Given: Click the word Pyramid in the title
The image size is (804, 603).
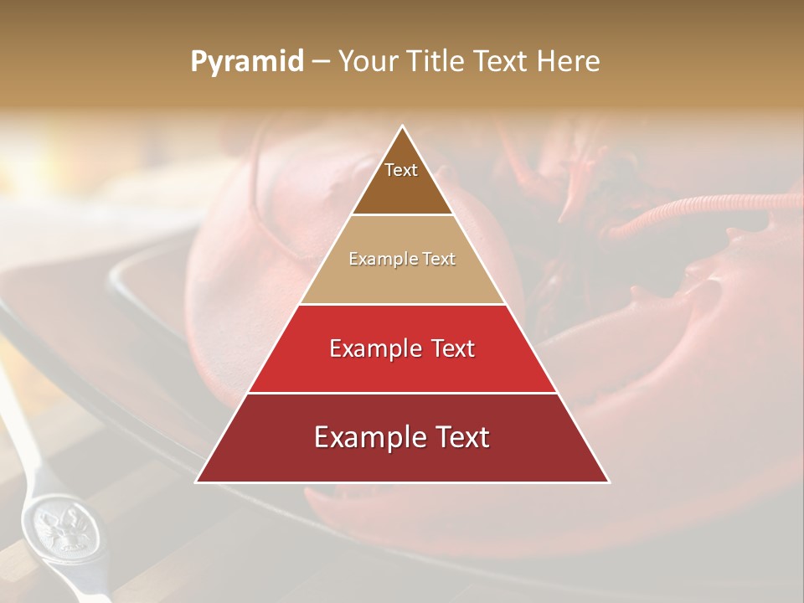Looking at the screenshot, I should tap(247, 62).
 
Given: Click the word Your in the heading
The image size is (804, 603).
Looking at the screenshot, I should tap(368, 62).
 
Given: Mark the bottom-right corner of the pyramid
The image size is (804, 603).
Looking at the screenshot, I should tap(608, 482).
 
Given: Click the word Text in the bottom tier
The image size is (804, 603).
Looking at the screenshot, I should tap(460, 438).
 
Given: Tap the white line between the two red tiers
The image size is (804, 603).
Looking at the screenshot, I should tap(402, 393).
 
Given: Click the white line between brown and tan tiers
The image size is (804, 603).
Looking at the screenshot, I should tap(402, 215).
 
